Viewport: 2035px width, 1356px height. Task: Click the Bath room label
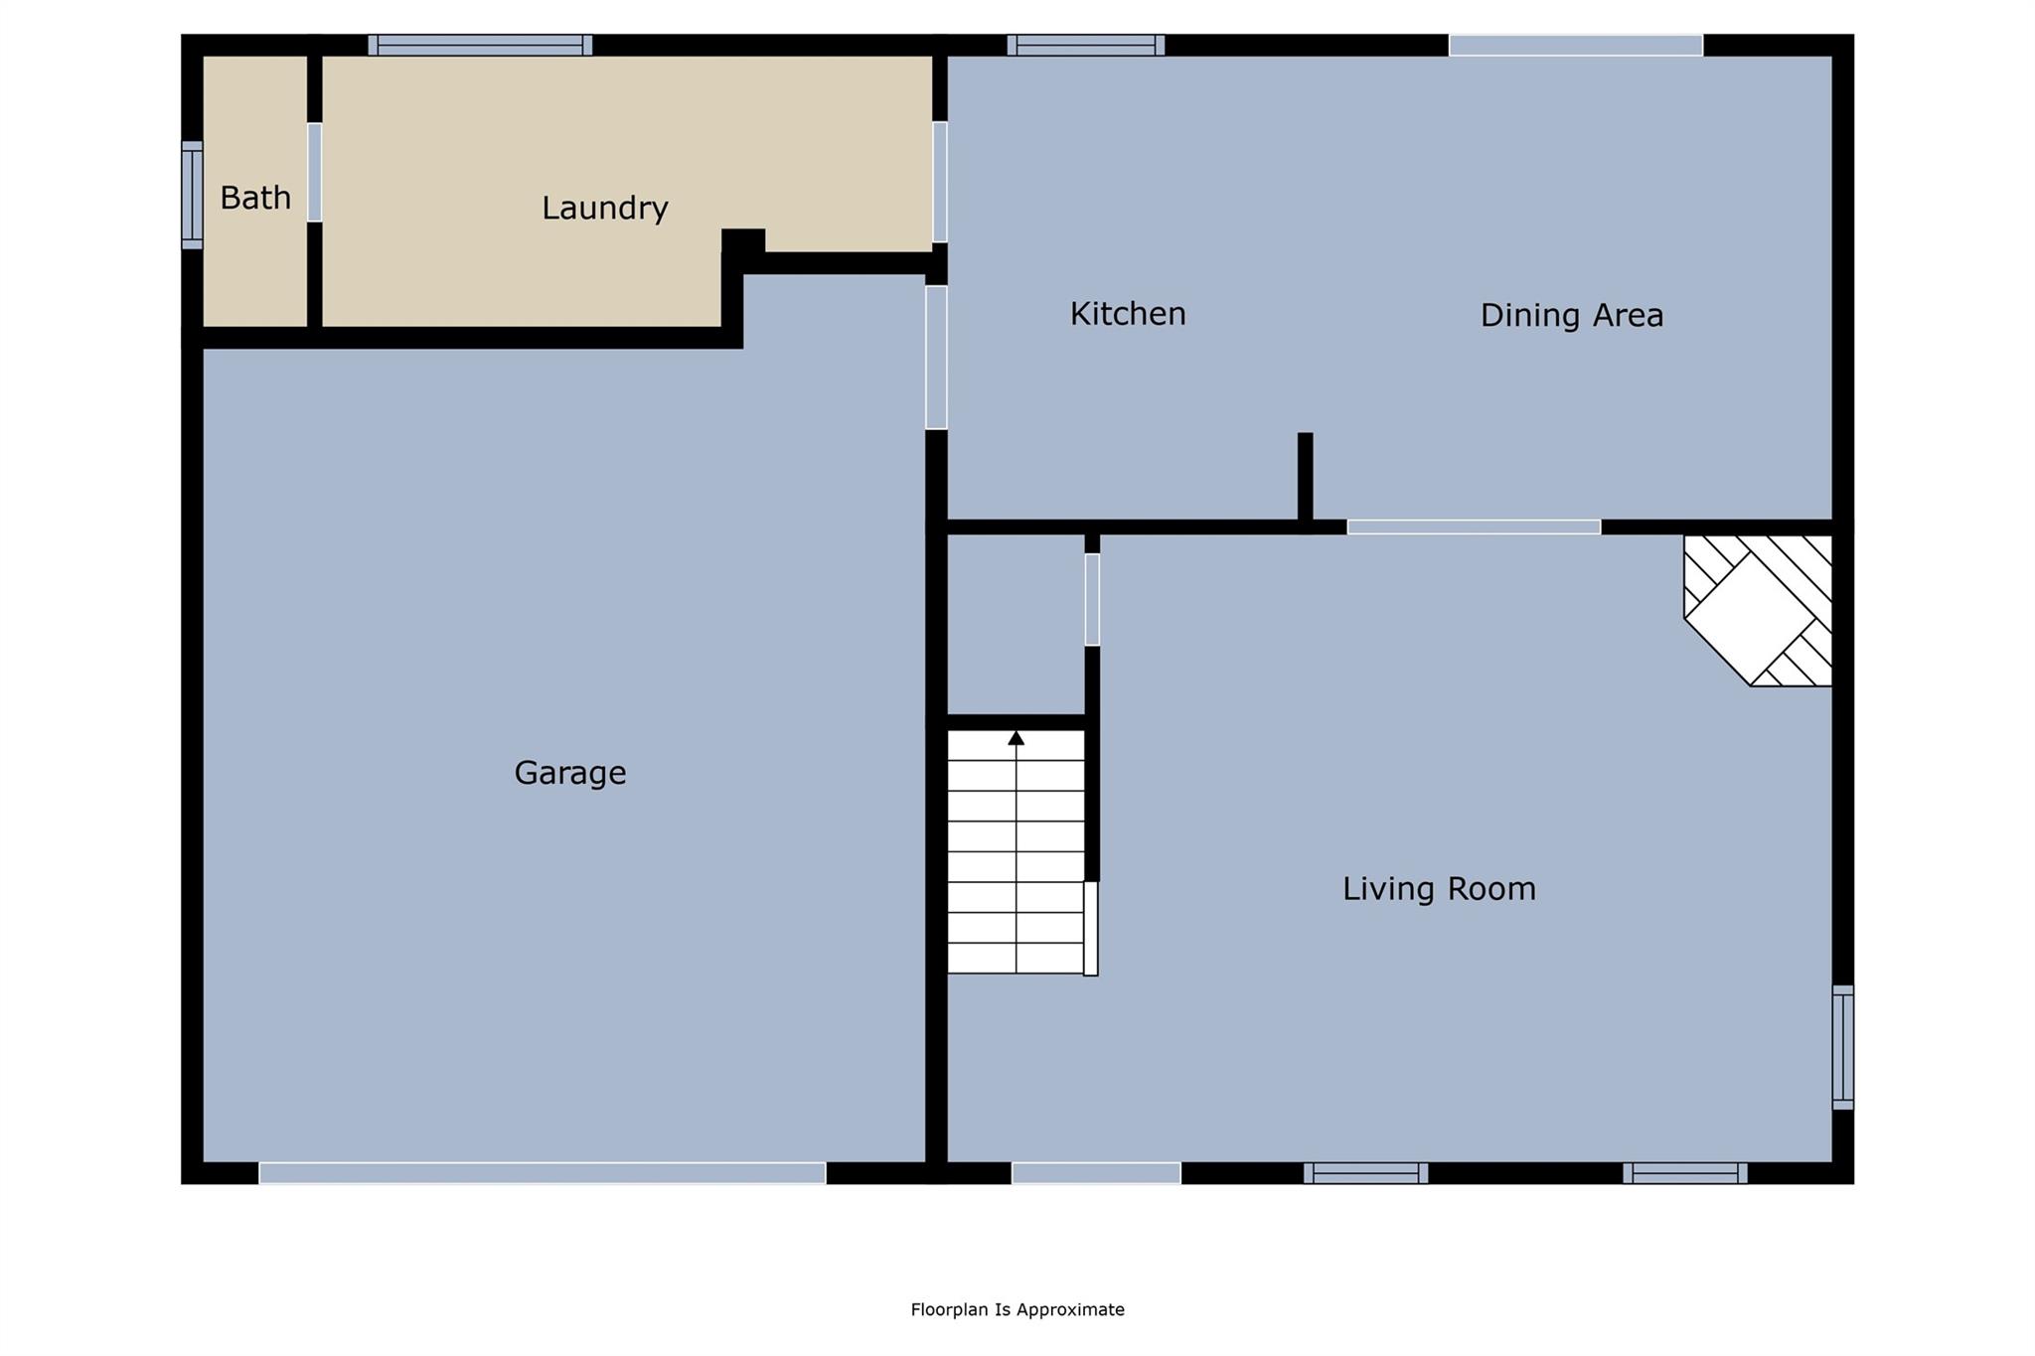pos(255,198)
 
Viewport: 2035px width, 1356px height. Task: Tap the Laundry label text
pos(604,208)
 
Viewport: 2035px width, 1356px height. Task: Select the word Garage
pos(570,773)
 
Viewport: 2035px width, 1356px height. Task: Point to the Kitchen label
pos(1128,314)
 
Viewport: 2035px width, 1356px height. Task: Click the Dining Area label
pos(1572,315)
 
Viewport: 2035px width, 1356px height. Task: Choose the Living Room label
pos(1439,888)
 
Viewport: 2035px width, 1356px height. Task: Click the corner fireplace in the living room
pos(1758,610)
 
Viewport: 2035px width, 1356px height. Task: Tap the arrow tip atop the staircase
pos(1016,733)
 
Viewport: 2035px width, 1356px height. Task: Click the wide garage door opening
pos(543,1172)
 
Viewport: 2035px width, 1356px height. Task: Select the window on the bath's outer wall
pos(192,195)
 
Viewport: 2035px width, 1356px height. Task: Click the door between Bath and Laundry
pos(314,172)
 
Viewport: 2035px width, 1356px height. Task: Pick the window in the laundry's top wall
pos(480,45)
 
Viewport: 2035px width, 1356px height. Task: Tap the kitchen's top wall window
pos(1086,45)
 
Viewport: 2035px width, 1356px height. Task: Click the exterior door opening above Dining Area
pos(1576,45)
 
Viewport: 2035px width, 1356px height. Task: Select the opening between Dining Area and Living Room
pos(1474,527)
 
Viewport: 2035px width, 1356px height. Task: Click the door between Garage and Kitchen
pos(936,358)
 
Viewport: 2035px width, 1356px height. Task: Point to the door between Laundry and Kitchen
pos(939,182)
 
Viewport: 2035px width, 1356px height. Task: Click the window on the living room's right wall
pos(1843,1047)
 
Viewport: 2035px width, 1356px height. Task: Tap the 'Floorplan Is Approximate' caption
pos(1017,1309)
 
